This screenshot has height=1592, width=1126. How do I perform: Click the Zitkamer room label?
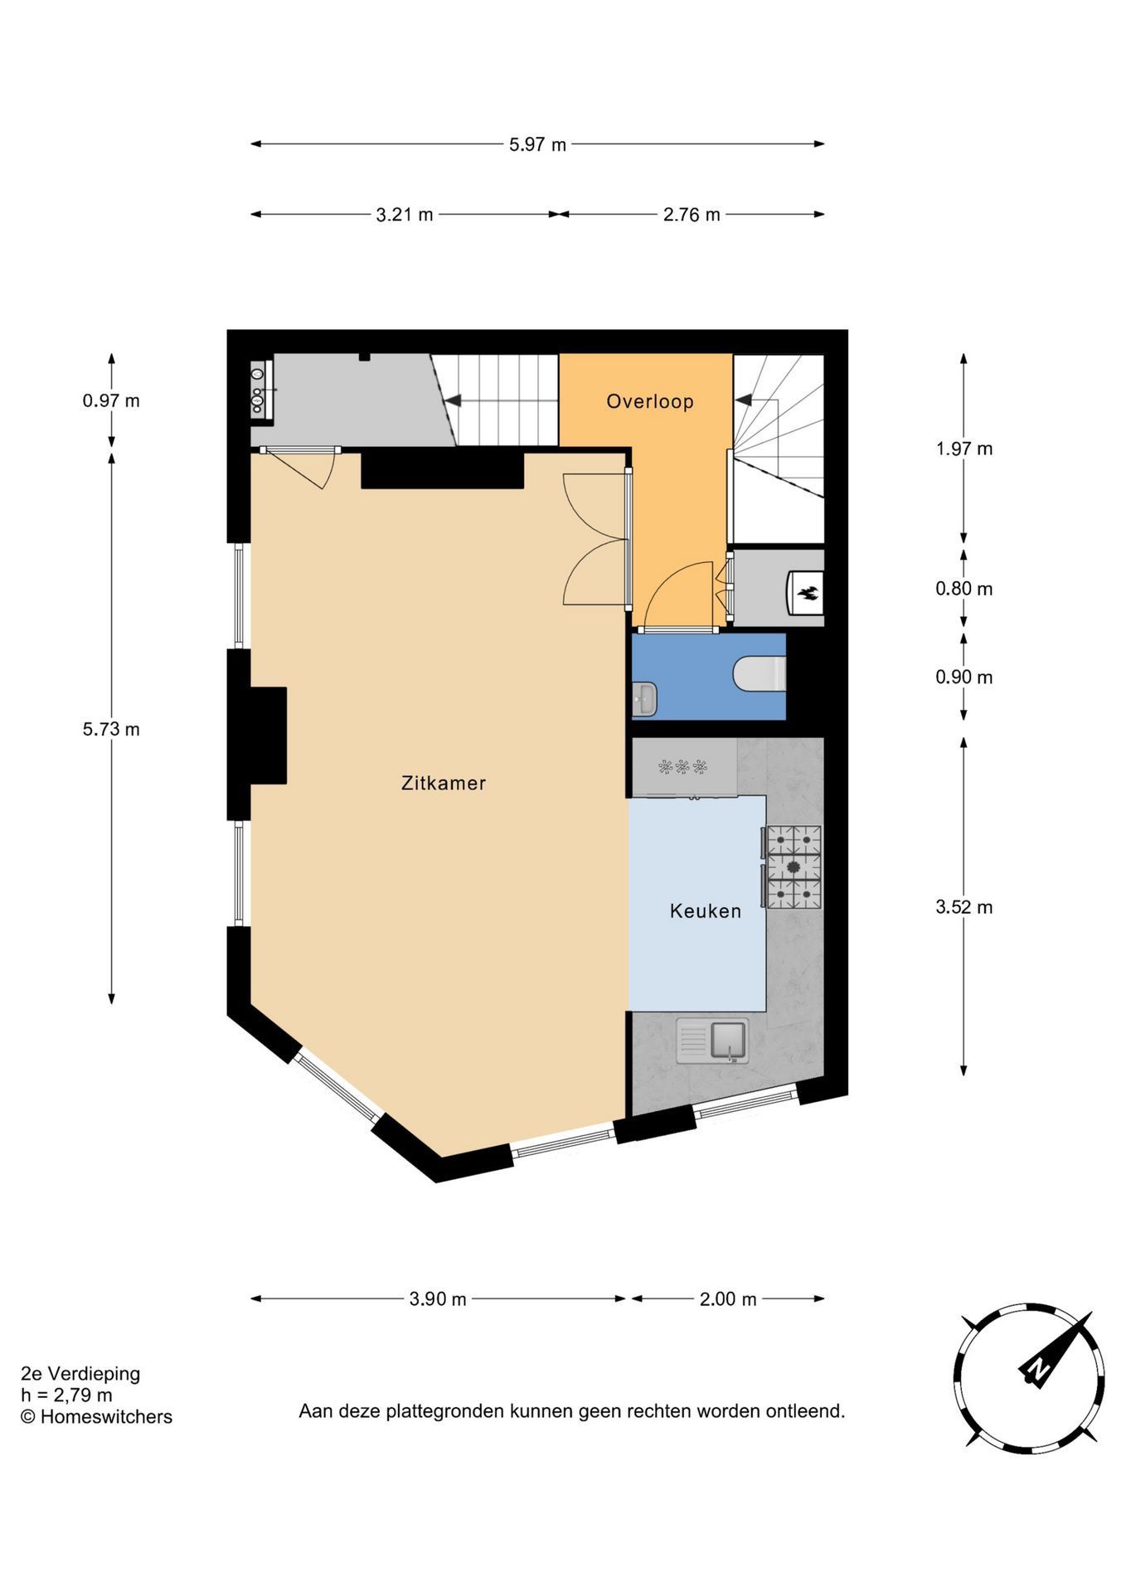coord(444,783)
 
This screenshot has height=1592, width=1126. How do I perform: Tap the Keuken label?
coord(706,911)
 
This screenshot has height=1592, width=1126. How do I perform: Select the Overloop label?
coord(650,401)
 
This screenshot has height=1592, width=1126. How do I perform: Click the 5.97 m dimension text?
coord(537,144)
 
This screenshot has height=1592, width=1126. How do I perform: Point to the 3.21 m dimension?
coord(405,215)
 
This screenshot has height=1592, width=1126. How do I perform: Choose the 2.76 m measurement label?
coord(692,215)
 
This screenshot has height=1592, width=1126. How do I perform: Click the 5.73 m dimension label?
coord(111,730)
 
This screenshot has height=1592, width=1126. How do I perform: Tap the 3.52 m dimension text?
coord(963,907)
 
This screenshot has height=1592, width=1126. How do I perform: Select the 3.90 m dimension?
coord(438,1299)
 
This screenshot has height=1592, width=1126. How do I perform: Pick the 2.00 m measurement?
coord(728,1299)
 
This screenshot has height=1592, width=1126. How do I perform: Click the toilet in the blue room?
coord(760,673)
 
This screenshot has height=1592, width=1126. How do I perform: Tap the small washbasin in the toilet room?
coord(644,699)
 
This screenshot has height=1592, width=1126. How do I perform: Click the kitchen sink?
coord(712,1041)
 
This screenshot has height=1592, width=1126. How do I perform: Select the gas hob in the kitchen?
coord(794,867)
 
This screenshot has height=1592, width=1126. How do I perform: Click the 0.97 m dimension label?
coord(111,401)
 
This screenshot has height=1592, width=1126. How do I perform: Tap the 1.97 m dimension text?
coord(963,449)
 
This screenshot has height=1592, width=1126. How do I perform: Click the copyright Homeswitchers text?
coord(97,1417)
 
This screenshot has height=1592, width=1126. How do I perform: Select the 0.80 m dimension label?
coord(963,589)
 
